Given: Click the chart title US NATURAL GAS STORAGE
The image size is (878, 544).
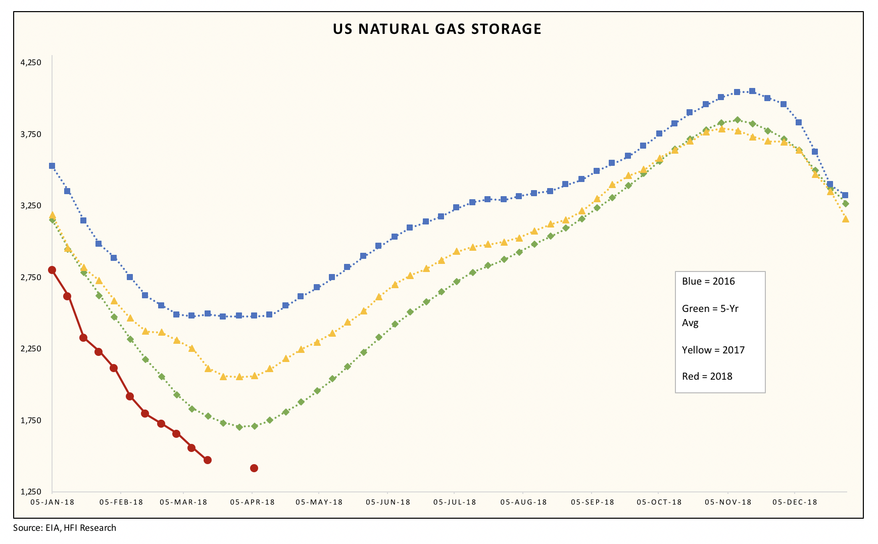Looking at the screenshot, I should tap(437, 29).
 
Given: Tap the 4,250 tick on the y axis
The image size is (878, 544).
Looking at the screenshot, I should tap(30, 63).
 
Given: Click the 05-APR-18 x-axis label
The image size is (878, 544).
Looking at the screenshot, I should tap(252, 502).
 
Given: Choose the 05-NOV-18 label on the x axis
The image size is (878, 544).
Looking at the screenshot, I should tap(728, 502).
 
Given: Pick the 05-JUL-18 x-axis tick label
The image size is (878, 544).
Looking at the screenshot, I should tap(455, 502).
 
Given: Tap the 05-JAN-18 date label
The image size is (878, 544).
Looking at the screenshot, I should tap(52, 502).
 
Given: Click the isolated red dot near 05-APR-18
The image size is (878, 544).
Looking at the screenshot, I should tap(254, 468).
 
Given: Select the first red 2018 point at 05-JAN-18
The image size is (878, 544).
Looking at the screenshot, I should tap(52, 270).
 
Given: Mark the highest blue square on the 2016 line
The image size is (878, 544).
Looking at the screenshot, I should tap(752, 91).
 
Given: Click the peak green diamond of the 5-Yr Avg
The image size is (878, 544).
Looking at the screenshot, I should tap(737, 120).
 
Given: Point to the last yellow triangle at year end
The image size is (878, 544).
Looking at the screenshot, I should tap(845, 219).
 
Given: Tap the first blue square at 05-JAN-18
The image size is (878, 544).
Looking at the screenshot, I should tap(52, 166).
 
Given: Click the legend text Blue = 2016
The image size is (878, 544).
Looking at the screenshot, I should tap(708, 282).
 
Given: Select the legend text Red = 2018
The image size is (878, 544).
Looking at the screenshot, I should tap(707, 376).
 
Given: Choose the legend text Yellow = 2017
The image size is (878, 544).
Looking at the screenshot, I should tap(713, 350).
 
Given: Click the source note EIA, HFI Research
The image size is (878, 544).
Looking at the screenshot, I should tap(65, 528).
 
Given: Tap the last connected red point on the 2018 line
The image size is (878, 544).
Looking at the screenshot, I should tap(207, 460).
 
